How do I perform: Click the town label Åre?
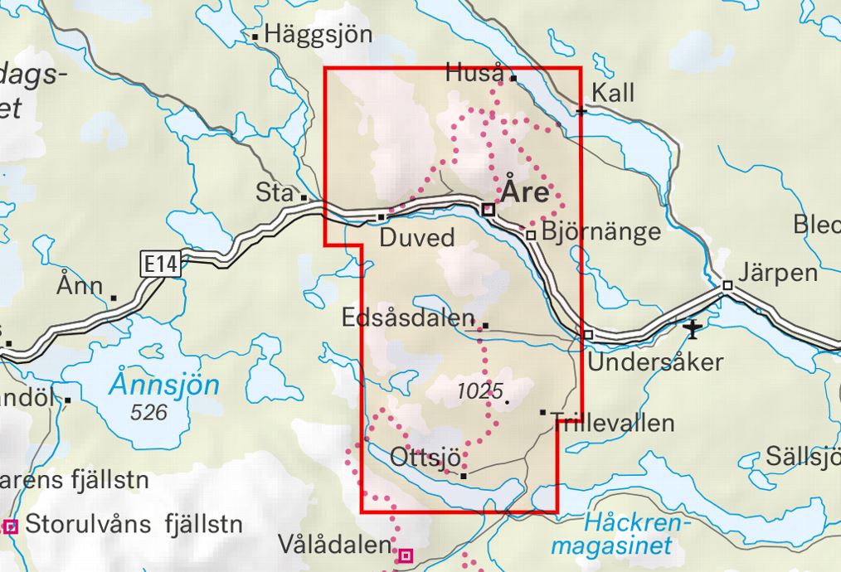(526, 193)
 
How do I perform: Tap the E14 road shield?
(158, 264)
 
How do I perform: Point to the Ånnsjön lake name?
(166, 385)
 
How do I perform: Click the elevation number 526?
(149, 411)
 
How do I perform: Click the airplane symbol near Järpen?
(693, 330)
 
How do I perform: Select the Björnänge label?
(600, 230)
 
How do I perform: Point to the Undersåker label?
(655, 362)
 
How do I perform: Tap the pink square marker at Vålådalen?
(406, 555)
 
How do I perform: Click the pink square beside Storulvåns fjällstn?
(11, 526)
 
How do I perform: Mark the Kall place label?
(614, 92)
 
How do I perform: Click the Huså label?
(475, 72)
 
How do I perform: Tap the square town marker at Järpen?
(727, 285)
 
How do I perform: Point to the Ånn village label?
(80, 287)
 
